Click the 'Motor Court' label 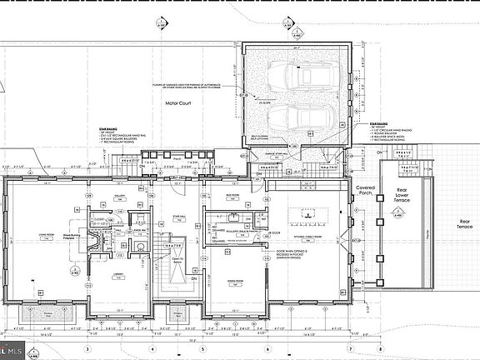tap(179, 104)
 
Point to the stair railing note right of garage tap(391, 132)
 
